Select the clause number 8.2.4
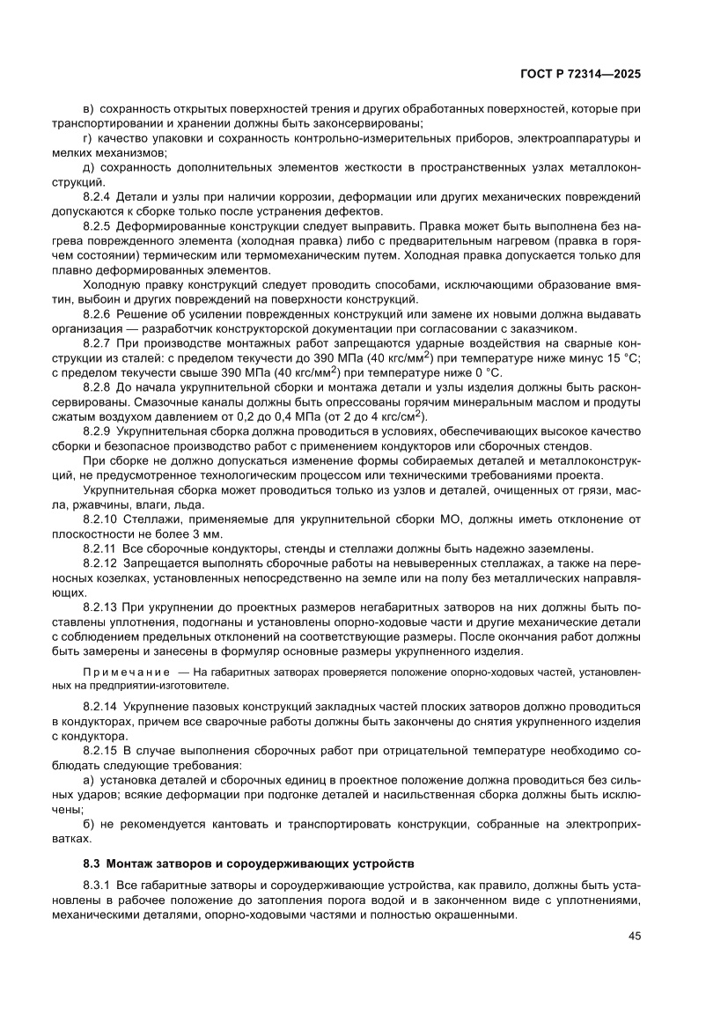97,196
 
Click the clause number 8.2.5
97,225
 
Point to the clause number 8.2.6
97,314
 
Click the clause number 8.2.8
97,388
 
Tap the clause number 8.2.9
97,432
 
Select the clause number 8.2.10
99,520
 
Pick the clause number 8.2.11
99,549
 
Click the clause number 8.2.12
99,564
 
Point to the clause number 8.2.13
99,608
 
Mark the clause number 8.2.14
99,707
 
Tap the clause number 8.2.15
99,751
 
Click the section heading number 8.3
91,863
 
